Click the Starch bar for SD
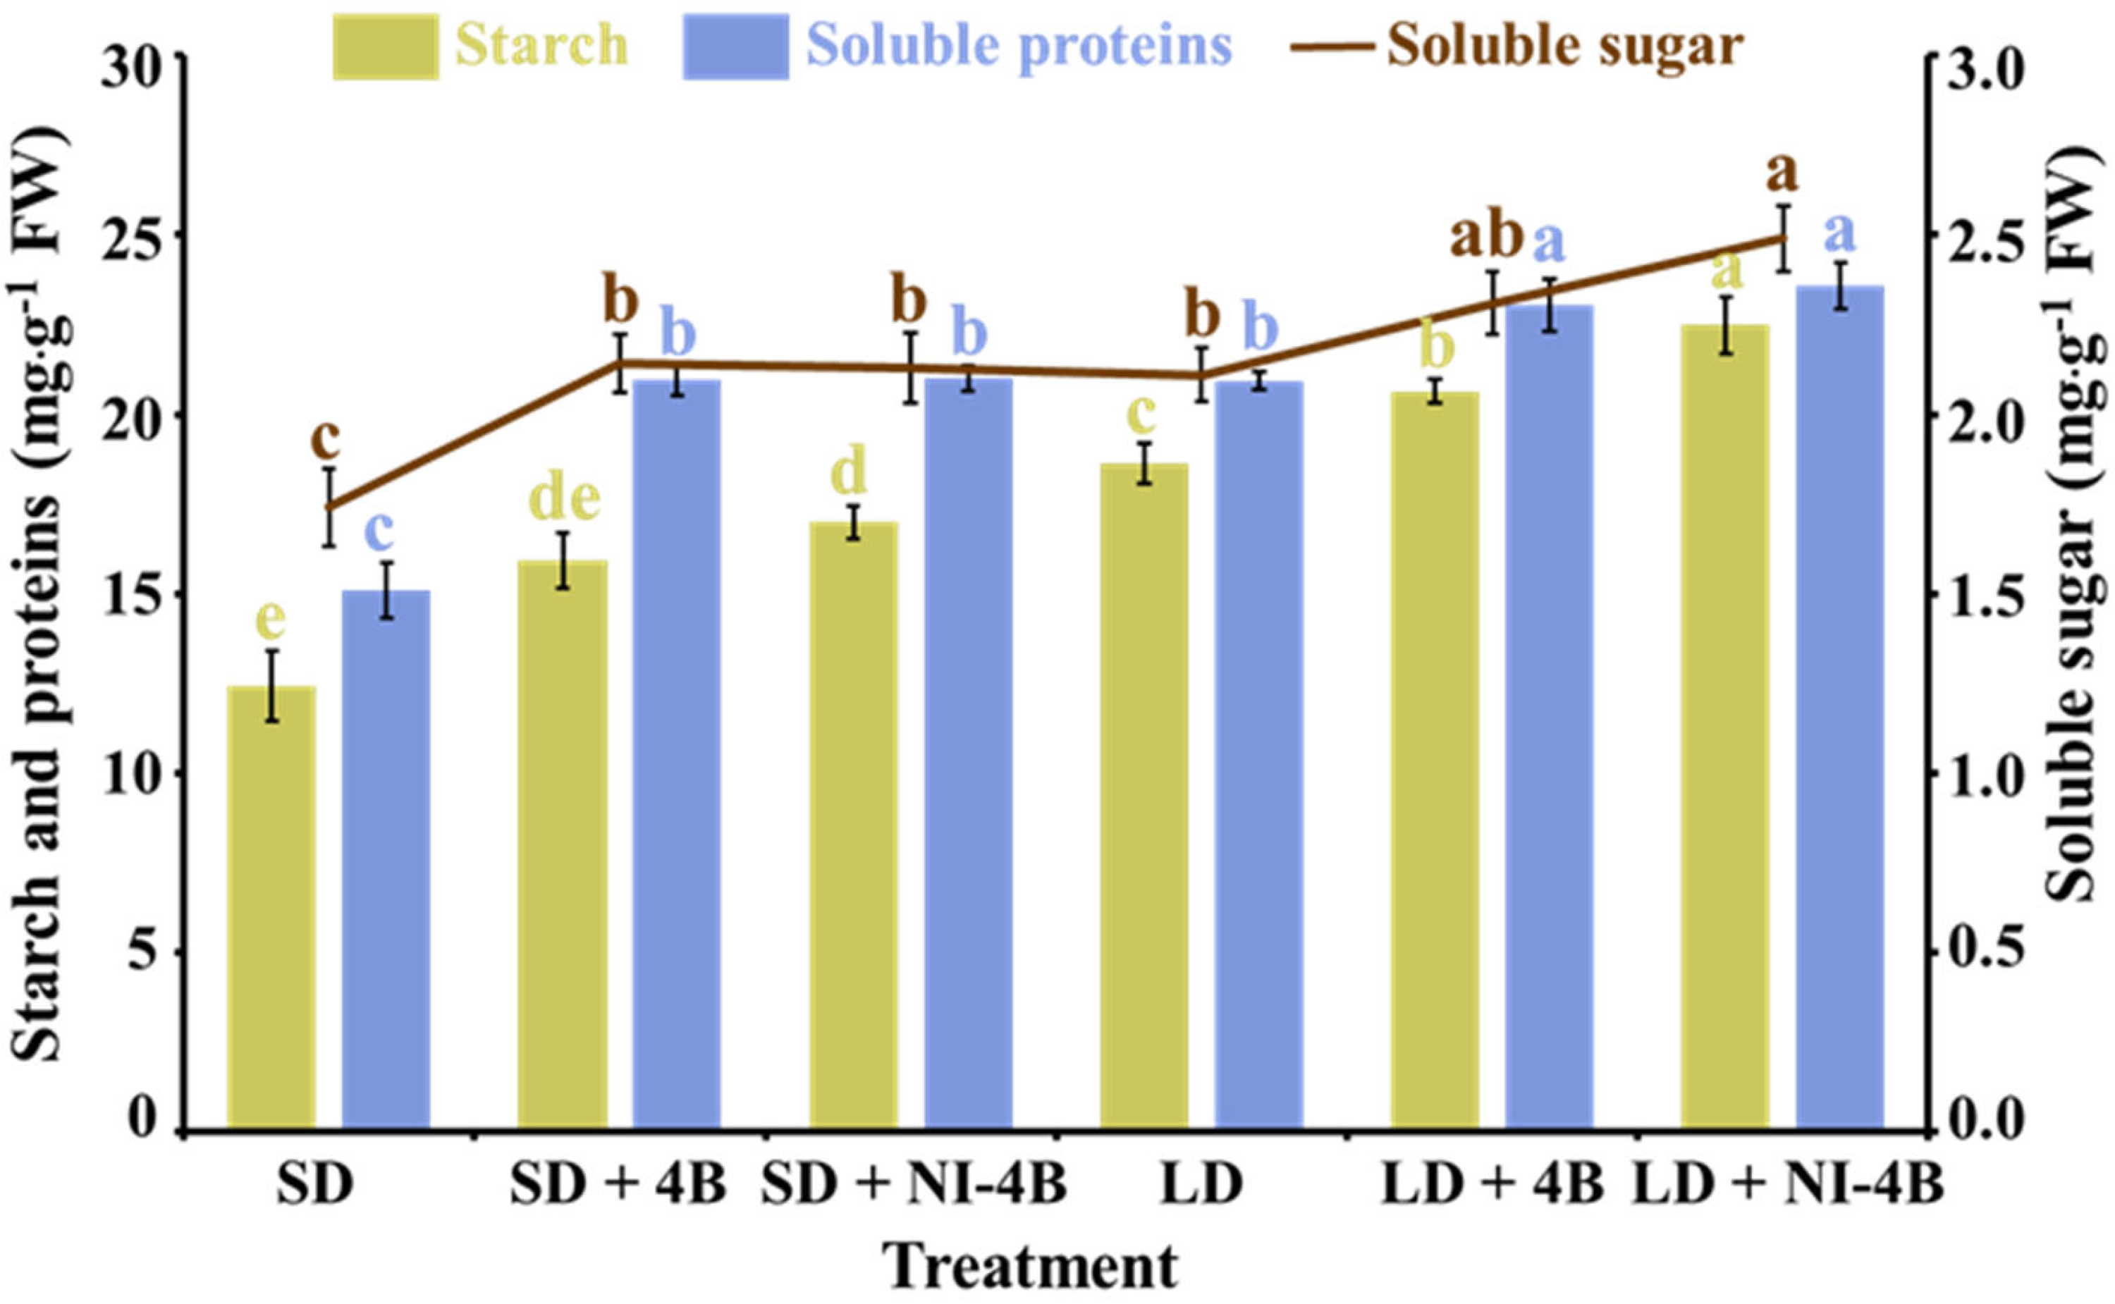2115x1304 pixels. pyautogui.click(x=271, y=906)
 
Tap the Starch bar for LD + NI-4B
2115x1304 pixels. pyautogui.click(x=1725, y=725)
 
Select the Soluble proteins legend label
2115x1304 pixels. pyautogui.click(x=1019, y=46)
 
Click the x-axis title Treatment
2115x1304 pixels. pyautogui.click(x=1031, y=1266)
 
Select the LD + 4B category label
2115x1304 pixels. pyautogui.click(x=1492, y=1186)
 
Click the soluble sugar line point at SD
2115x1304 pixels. pyautogui.click(x=329, y=506)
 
